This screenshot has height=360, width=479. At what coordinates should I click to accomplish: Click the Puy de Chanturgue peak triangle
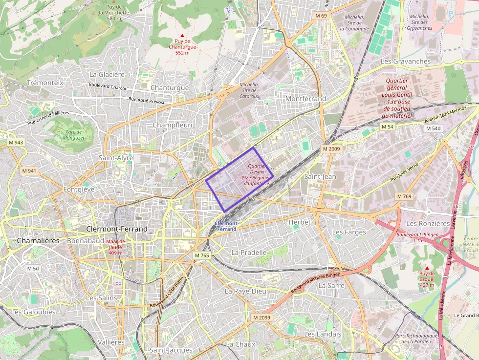click(183, 36)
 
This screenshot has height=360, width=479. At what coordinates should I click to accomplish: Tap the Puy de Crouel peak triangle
click(427, 268)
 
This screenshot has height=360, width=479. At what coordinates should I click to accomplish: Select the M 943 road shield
click(15, 142)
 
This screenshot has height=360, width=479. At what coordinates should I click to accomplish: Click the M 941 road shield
click(29, 171)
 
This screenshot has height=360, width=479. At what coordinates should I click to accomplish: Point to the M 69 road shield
click(321, 16)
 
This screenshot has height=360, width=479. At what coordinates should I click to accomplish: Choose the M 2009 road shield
click(331, 148)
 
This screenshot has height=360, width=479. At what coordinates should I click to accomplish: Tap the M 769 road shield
click(404, 196)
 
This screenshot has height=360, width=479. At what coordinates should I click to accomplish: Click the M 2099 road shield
click(261, 318)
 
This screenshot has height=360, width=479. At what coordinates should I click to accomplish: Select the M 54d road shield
click(433, 128)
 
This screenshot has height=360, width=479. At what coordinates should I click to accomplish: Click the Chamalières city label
click(38, 241)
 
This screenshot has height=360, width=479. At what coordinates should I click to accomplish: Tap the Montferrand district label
click(305, 99)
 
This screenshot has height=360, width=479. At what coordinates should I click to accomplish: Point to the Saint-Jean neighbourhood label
click(320, 176)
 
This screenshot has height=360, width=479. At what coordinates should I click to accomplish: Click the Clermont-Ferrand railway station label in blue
click(226, 226)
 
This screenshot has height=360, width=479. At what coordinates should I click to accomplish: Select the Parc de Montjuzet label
click(74, 135)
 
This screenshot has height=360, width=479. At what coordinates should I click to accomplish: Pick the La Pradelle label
click(249, 253)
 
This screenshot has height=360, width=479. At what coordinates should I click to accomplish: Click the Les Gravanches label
click(405, 62)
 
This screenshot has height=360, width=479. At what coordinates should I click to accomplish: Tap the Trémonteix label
click(45, 83)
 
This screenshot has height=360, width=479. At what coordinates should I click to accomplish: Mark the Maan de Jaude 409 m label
click(115, 247)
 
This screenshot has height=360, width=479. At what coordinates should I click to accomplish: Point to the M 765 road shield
click(201, 255)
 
